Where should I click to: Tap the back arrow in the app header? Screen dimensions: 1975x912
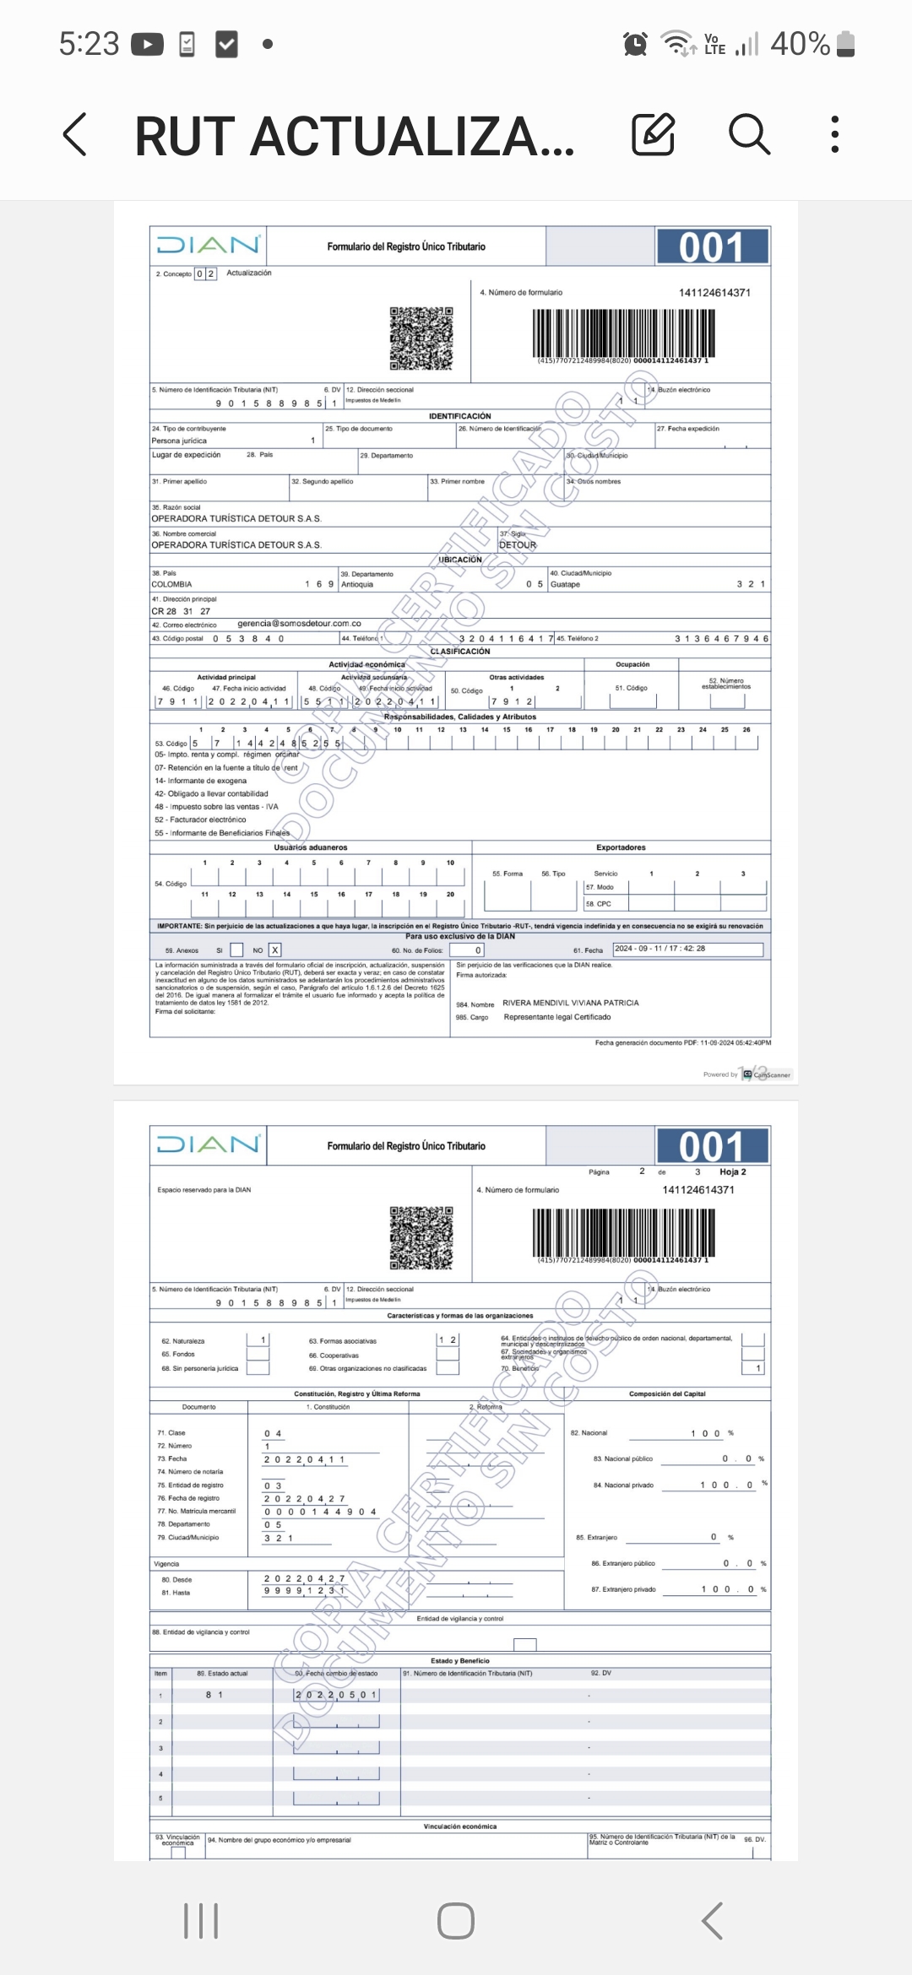click(x=75, y=135)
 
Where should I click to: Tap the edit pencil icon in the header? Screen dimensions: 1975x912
click(x=654, y=134)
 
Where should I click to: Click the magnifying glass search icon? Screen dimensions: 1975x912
click(x=749, y=134)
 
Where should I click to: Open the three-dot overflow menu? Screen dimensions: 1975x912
click(x=834, y=134)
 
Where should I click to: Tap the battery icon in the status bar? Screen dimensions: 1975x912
click(x=846, y=44)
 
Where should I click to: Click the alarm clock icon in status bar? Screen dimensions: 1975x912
click(x=635, y=43)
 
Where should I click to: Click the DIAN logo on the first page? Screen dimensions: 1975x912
click(x=208, y=246)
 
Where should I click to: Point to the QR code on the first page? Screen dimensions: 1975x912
click(x=421, y=338)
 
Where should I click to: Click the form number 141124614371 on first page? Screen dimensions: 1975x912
click(x=714, y=293)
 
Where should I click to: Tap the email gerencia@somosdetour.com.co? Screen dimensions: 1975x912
click(x=299, y=624)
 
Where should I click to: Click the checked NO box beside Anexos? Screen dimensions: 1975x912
click(x=274, y=950)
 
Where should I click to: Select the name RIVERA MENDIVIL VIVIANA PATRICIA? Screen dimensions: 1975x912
click(x=570, y=1004)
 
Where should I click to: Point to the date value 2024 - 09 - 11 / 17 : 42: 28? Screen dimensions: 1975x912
click(x=660, y=949)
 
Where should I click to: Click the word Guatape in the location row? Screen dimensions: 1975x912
click(x=565, y=584)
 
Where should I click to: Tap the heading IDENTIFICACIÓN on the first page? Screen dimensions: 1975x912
click(x=459, y=416)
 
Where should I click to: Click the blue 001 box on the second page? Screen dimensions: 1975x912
click(x=712, y=1146)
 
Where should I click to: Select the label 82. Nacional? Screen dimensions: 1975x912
click(x=589, y=1433)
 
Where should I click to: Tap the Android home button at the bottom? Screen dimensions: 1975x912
click(x=456, y=1921)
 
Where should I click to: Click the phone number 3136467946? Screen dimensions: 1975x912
click(x=721, y=639)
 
